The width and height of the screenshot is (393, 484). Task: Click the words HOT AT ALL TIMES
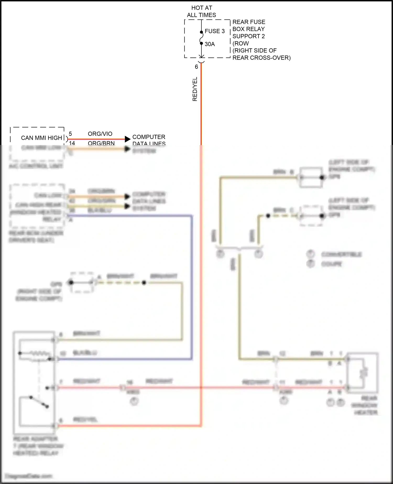pyautogui.click(x=201, y=12)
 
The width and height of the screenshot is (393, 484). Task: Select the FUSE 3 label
pyautogui.click(x=215, y=31)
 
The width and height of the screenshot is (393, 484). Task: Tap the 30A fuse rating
pyautogui.click(x=210, y=44)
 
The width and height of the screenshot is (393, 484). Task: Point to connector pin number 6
pyautogui.click(x=196, y=67)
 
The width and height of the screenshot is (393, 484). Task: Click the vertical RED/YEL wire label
pyautogui.click(x=195, y=89)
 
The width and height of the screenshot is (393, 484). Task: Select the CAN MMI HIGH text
pyautogui.click(x=41, y=138)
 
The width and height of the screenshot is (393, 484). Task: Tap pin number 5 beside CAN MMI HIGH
pyautogui.click(x=70, y=134)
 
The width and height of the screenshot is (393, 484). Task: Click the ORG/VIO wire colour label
pyautogui.click(x=100, y=134)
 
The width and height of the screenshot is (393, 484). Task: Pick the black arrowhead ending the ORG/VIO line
pyautogui.click(x=128, y=139)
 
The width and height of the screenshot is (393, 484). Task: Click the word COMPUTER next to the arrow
pyautogui.click(x=149, y=137)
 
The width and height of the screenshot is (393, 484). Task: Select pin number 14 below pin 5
pyautogui.click(x=72, y=143)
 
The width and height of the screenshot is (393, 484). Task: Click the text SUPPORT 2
pyautogui.click(x=248, y=36)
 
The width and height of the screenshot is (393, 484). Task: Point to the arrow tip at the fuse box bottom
pyautogui.click(x=201, y=57)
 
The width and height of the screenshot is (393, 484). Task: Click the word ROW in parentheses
pyautogui.click(x=241, y=43)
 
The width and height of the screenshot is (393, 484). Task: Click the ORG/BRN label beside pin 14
pyautogui.click(x=101, y=143)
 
